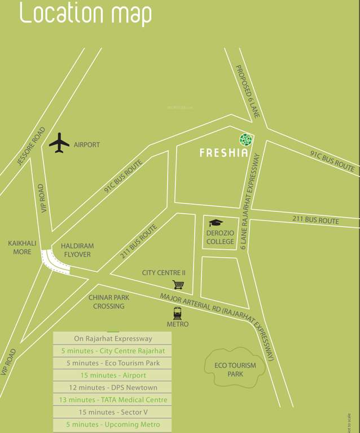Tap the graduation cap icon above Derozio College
pyautogui.click(x=216, y=223)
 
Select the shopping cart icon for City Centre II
pyautogui.click(x=178, y=285)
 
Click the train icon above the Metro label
pyautogui.click(x=177, y=313)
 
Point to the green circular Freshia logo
pyautogui.click(x=245, y=139)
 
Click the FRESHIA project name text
pyautogui.click(x=223, y=153)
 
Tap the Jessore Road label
pyautogui.click(x=30, y=146)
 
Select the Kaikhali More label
pyautogui.click(x=22, y=248)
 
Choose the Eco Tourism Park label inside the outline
pyautogui.click(x=235, y=369)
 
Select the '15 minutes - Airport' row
pyautogui.click(x=112, y=375)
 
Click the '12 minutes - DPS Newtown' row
pyautogui.click(x=112, y=387)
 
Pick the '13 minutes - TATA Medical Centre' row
pyautogui.click(x=112, y=400)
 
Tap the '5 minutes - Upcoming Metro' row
pyautogui.click(x=112, y=425)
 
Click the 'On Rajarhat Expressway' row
pyautogui.click(x=112, y=339)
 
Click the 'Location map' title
pyautogui.click(x=85, y=14)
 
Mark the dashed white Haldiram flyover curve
pyautogui.click(x=54, y=262)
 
